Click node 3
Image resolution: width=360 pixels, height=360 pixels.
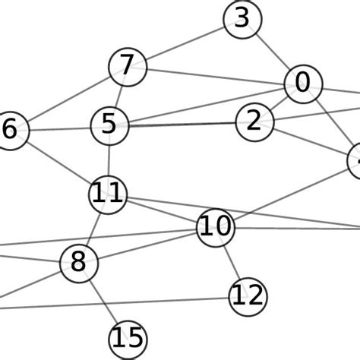point(242,19)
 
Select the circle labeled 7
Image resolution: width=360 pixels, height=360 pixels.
point(127,67)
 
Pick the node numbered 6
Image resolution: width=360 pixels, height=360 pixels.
point(11,131)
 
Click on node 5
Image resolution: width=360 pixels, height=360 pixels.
point(109,125)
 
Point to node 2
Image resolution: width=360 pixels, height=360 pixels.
point(254,122)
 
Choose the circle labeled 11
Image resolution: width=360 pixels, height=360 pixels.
point(108,195)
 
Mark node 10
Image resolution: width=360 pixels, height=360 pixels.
point(216,227)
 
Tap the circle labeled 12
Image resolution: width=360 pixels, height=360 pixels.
point(248,295)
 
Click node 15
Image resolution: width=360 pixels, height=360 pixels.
point(128,339)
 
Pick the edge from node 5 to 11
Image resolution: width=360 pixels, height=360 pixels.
point(109,160)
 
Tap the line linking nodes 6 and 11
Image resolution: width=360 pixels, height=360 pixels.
point(59,163)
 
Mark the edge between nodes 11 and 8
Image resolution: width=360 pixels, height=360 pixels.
point(93,229)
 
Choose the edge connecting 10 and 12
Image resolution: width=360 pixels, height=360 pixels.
point(232,261)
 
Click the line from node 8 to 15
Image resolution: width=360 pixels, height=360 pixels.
point(103,302)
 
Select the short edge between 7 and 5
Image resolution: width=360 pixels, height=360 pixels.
point(118,96)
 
